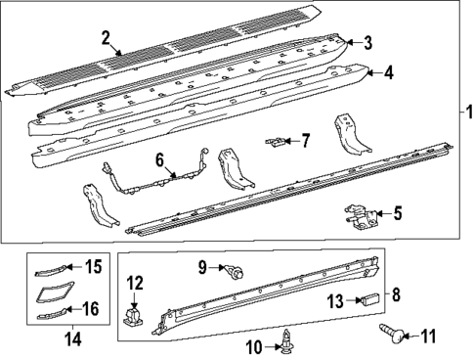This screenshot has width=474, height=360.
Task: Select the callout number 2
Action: point(106,38)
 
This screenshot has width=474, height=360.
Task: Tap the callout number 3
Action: point(367,43)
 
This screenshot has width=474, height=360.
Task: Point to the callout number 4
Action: point(388,72)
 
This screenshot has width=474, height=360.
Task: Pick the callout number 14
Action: point(68,340)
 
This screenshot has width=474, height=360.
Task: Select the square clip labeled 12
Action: point(135,315)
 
